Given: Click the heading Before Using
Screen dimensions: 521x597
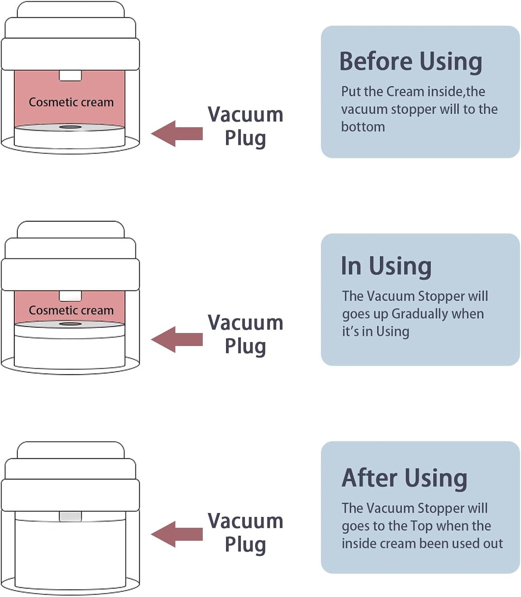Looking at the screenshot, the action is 411,62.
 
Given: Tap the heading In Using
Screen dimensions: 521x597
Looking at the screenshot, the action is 386,266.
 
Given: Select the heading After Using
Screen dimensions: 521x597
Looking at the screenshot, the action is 405,478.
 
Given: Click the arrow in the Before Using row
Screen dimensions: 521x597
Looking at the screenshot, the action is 177,133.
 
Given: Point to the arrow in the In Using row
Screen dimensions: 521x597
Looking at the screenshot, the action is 177,339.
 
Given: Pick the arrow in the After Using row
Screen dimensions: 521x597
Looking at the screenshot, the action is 177,534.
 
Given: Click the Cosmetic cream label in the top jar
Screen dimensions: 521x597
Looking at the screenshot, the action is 71,102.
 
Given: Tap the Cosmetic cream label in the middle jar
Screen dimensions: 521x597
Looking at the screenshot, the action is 71,310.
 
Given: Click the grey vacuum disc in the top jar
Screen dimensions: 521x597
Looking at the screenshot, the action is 69,127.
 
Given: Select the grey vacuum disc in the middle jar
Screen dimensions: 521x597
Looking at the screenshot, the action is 69,324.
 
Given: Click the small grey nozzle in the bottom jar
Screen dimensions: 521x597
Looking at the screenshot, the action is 71,517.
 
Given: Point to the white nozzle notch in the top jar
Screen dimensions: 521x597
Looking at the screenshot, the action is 71,75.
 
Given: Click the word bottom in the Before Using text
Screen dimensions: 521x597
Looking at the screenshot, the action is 363,127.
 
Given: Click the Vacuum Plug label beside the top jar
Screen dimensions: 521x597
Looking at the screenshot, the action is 246,126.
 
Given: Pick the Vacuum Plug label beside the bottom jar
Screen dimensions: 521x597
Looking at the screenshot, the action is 246,533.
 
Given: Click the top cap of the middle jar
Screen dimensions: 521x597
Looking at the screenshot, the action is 71,230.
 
